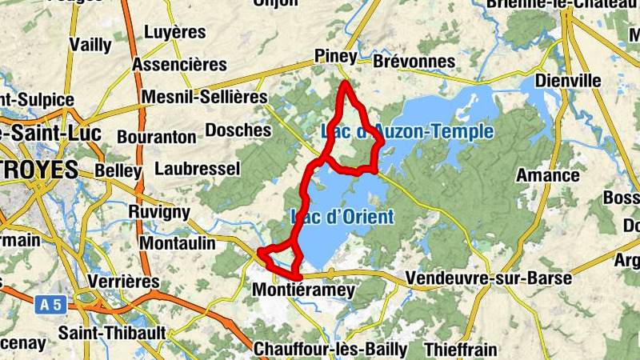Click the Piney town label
(335, 56)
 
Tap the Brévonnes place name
(414, 62)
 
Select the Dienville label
(567, 81)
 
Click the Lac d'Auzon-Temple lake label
(406, 131)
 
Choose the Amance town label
(548, 175)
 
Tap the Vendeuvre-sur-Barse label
(489, 278)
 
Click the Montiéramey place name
(302, 291)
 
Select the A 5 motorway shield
(50, 303)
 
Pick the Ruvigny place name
(159, 212)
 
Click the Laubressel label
(197, 169)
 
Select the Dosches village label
(238, 130)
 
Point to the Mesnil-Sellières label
(204, 97)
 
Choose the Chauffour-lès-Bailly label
(330, 350)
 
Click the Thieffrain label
(461, 350)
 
